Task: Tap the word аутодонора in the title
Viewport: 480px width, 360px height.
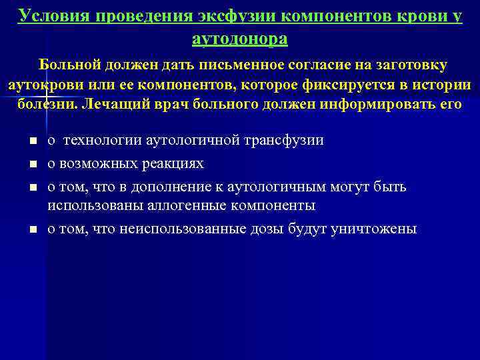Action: (240, 39)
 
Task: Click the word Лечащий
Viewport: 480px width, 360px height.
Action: (117, 105)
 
